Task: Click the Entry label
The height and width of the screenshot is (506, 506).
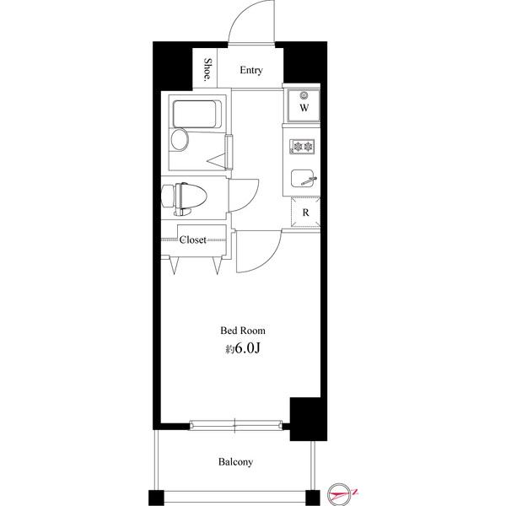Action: [251, 70]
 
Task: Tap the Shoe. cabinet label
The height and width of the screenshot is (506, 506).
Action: [207, 69]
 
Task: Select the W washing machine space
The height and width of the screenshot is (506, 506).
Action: [304, 105]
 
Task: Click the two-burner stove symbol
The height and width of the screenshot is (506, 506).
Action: [302, 147]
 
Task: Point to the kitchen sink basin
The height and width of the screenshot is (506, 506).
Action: [302, 178]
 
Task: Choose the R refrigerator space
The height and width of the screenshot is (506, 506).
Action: [305, 213]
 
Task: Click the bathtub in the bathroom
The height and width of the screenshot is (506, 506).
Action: [196, 114]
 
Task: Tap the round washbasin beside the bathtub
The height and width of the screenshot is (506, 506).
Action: [179, 140]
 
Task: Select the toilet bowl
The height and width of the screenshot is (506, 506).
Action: [190, 198]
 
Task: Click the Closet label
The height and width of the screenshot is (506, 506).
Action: [192, 240]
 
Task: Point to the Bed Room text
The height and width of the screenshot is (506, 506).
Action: [243, 331]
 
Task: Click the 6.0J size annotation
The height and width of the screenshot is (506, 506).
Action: [247, 348]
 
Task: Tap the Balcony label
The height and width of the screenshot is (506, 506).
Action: [235, 462]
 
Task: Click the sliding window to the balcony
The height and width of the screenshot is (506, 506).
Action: [235, 425]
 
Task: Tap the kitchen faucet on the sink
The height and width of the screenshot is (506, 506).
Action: [309, 180]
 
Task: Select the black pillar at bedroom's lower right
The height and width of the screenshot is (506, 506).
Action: [308, 419]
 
